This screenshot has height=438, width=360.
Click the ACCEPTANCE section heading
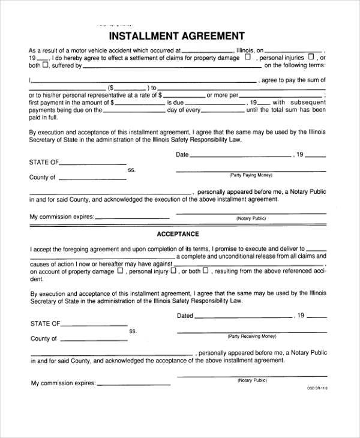[x=178, y=233]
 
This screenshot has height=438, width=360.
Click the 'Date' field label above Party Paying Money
[x=182, y=154]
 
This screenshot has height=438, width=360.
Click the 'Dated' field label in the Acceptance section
[x=185, y=315]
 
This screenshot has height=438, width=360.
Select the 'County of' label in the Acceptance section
[x=43, y=338]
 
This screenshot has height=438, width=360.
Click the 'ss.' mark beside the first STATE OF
[x=132, y=170]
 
